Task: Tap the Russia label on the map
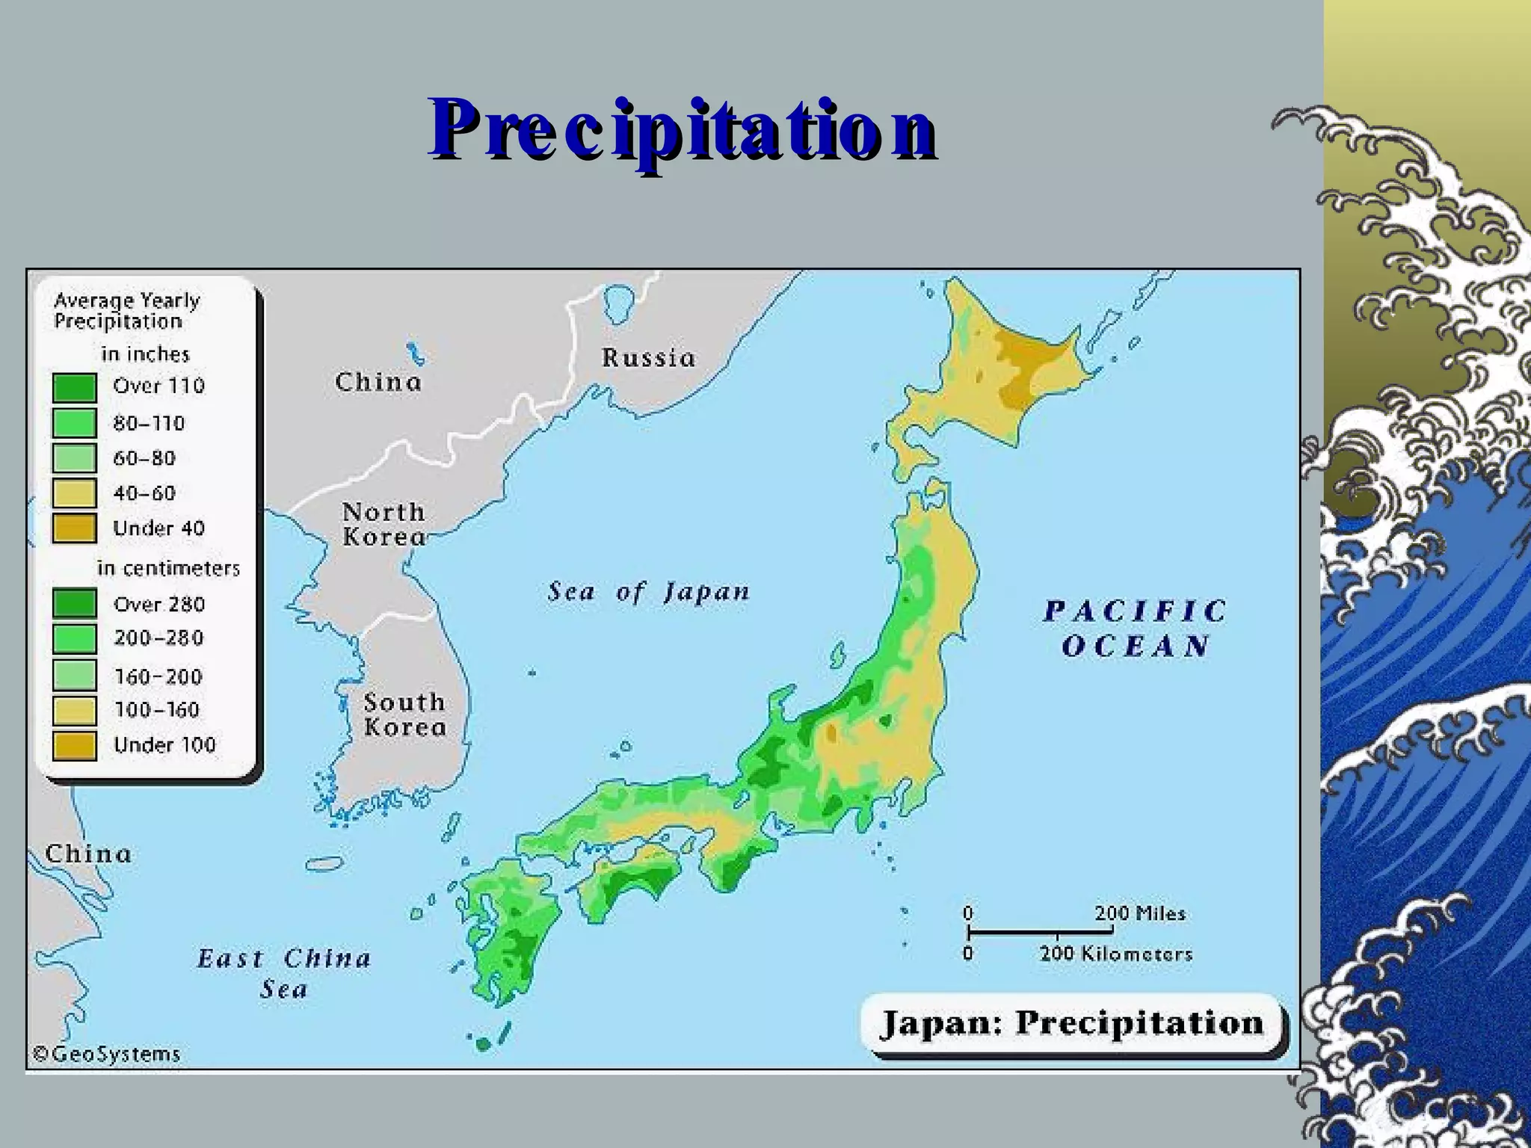pos(648,358)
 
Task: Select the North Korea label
pos(383,524)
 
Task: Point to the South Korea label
pos(404,715)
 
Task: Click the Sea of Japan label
pos(648,592)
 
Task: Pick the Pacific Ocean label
pos(1135,628)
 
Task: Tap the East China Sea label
pos(284,973)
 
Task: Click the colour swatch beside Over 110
pos(75,387)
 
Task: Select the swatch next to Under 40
pos(75,528)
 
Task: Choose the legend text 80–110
pos(149,424)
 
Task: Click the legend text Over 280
pos(159,604)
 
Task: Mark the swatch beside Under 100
pos(75,745)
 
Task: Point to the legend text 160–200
pos(158,676)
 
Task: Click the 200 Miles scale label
pos(1140,913)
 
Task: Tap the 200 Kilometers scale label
pos(1115,954)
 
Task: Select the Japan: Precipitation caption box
pos(1072,1023)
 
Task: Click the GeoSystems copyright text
pos(107,1054)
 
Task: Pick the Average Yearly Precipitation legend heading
pos(127,311)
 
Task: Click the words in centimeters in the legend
pos(168,568)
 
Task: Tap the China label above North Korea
pos(378,382)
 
